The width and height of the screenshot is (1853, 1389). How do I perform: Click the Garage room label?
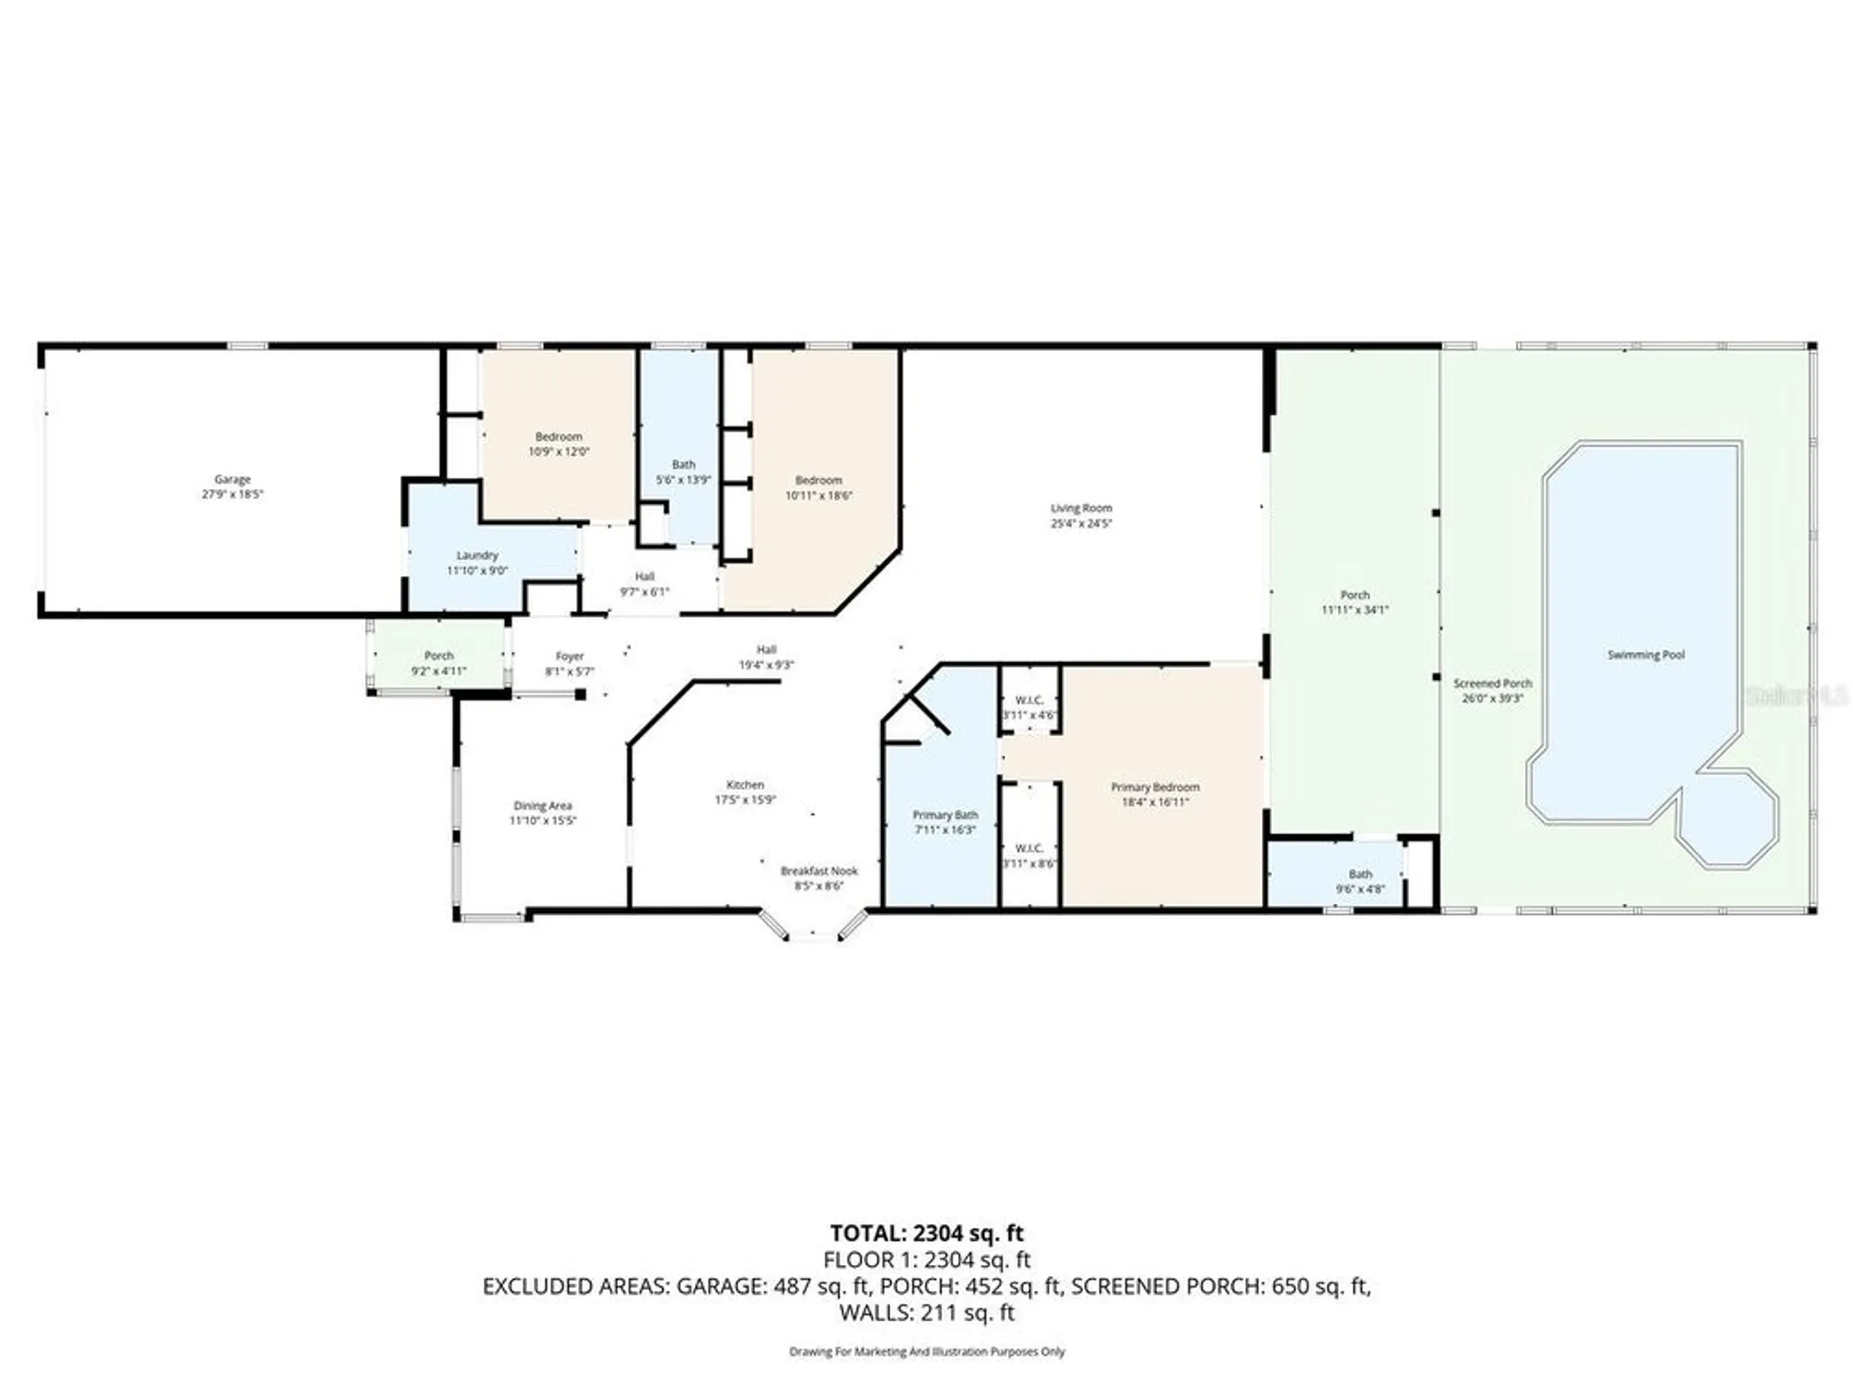233,480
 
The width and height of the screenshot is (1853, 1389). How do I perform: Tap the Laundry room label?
477,556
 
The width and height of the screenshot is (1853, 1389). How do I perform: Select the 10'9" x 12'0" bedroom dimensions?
559,452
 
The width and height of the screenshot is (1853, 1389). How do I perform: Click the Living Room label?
1081,508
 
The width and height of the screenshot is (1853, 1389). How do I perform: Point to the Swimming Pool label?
1645,655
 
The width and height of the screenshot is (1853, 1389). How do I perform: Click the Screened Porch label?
1492,683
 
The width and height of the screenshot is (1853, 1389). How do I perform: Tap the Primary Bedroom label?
1154,787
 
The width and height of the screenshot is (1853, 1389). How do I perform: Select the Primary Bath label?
945,815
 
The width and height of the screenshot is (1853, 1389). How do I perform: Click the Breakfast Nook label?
819,871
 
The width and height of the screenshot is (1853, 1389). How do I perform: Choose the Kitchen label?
745,784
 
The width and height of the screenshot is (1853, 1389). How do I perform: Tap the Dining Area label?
543,806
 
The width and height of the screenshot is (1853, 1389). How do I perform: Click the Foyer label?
570,657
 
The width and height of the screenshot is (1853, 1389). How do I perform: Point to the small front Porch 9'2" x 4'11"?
439,663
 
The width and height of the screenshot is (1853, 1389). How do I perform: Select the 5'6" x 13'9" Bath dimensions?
683,480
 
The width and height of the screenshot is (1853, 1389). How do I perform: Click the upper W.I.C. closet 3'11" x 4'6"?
1029,707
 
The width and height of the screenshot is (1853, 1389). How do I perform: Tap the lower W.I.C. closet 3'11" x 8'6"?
1029,856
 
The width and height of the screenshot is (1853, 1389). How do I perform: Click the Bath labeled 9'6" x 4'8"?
1360,881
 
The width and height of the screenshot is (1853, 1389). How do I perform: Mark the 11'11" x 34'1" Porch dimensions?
1355,610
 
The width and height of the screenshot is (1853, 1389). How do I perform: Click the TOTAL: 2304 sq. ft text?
926,1233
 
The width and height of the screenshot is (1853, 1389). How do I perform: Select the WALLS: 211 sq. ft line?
926,1312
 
